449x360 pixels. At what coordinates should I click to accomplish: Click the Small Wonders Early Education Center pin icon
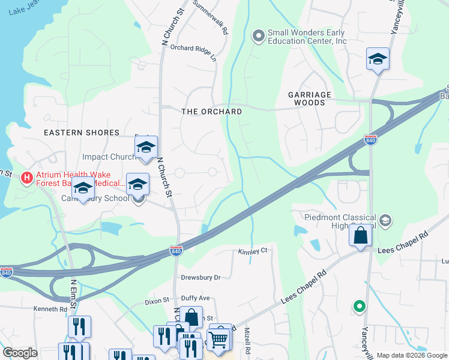(x=259, y=37)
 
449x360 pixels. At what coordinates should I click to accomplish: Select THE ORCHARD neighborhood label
(x=212, y=112)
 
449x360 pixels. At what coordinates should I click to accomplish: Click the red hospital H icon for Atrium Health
(x=27, y=178)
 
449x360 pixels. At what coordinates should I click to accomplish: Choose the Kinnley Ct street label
(x=252, y=251)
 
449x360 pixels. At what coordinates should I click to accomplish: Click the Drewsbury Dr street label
(x=201, y=278)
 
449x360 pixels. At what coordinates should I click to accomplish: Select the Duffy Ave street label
(x=196, y=298)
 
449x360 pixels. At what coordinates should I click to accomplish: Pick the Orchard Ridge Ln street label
(x=193, y=52)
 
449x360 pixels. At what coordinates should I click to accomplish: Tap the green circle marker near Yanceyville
(x=360, y=307)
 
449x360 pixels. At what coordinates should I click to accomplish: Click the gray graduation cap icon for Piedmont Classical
(x=384, y=220)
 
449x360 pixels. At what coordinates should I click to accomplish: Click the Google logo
(x=20, y=353)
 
